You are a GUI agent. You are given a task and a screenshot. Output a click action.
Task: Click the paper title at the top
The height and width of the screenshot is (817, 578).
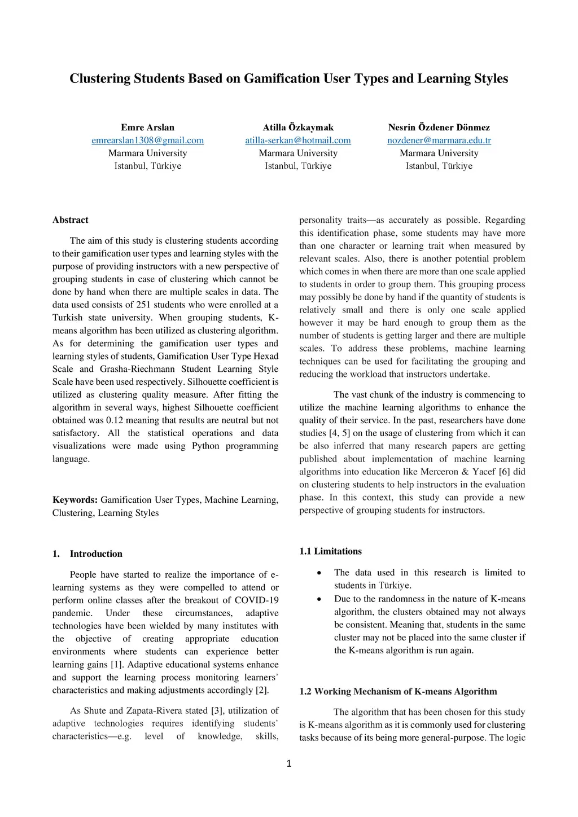[x=288, y=78]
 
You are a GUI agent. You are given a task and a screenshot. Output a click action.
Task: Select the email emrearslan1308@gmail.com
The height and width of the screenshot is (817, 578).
[x=147, y=140]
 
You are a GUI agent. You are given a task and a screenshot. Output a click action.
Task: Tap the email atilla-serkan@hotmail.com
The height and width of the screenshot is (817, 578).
[x=297, y=140]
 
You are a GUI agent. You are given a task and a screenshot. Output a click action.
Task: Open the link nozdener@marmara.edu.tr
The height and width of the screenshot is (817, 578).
[x=439, y=140]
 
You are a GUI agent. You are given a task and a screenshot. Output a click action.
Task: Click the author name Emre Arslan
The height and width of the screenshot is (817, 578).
[x=147, y=128]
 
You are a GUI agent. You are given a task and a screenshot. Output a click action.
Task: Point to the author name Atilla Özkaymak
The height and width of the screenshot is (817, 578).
[x=298, y=128]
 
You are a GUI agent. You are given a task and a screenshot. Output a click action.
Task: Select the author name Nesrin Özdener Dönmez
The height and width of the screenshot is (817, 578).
[x=439, y=128]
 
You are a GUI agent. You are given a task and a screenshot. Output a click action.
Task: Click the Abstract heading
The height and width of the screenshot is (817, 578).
[x=71, y=220]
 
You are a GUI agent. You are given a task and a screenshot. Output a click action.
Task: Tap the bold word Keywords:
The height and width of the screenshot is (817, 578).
[x=75, y=500]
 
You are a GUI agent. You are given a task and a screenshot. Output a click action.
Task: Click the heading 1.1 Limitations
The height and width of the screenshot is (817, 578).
[x=330, y=551]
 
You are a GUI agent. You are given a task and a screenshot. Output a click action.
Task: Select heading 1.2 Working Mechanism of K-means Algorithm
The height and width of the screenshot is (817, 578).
[x=398, y=692]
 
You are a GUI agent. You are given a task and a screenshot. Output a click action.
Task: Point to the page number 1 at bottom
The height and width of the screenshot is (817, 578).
[x=289, y=764]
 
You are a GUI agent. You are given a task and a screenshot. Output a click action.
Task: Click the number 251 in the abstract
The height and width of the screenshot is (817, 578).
[x=143, y=305]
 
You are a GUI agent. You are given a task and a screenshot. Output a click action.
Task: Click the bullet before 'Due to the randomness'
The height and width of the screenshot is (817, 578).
[x=319, y=599]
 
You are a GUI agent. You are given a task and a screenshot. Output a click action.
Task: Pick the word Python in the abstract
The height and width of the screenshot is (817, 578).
[x=205, y=446]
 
